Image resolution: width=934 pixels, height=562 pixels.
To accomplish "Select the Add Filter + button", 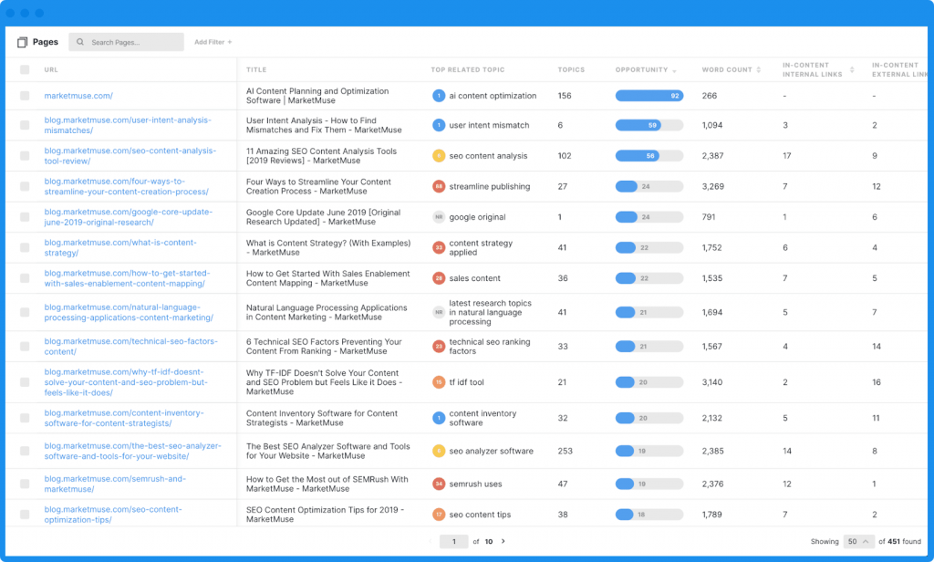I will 213,42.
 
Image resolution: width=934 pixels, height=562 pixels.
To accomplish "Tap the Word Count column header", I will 727,70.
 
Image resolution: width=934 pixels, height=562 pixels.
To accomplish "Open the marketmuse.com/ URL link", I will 78,96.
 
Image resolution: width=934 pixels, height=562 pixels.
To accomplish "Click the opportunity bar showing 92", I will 649,96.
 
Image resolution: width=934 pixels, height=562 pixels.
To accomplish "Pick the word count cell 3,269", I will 713,187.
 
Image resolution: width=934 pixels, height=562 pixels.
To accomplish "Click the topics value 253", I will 566,451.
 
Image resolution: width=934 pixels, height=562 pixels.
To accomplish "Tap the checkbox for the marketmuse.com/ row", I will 25,96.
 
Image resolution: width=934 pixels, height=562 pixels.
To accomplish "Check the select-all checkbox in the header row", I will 25,70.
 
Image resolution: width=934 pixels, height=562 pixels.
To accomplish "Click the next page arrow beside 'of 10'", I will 503,541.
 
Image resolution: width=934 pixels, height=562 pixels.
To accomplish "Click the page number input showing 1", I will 453,541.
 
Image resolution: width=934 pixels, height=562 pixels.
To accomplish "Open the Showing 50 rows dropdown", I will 859,541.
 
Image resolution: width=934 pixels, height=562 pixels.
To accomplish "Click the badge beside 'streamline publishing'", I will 439,187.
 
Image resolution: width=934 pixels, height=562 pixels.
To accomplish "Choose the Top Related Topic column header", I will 467,70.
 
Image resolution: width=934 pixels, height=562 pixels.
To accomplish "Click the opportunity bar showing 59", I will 649,126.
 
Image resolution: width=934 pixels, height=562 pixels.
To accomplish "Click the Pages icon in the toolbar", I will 23,42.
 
